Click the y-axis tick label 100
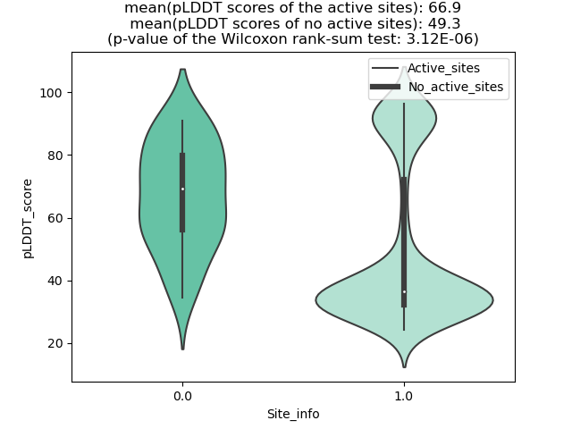point(51,93)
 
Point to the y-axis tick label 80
point(55,156)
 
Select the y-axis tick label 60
point(55,218)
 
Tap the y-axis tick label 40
point(55,281)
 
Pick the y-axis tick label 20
point(55,343)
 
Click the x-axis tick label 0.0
point(182,395)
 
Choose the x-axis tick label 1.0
point(403,395)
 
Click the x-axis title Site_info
point(293,414)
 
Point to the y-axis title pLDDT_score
point(28,218)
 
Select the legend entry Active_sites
point(443,68)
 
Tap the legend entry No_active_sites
point(456,87)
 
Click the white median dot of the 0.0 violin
point(182,189)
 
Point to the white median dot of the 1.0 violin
point(404,291)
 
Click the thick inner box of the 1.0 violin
point(404,241)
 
